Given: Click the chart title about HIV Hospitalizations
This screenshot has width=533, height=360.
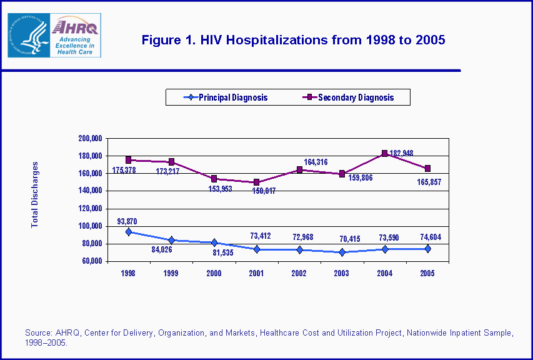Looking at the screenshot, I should pyautogui.click(x=293, y=41).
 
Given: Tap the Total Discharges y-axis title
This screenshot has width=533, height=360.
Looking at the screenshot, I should pyautogui.click(x=35, y=194).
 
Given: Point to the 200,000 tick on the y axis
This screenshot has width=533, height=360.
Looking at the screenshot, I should pyautogui.click(x=89, y=138).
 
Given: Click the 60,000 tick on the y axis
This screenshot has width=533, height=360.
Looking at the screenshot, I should pyautogui.click(x=91, y=261).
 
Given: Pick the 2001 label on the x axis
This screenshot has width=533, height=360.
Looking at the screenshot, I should pyautogui.click(x=256, y=273).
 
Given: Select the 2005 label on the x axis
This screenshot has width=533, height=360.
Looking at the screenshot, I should pyautogui.click(x=427, y=273).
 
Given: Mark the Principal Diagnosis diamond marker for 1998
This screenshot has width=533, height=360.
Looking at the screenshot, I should pyautogui.click(x=129, y=232).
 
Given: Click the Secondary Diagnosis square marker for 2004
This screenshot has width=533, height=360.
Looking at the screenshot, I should pyautogui.click(x=385, y=153).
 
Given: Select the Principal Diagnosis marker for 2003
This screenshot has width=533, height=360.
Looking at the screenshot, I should pyautogui.click(x=342, y=252).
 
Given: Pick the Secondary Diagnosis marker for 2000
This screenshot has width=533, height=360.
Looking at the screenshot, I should pyautogui.click(x=214, y=179).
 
